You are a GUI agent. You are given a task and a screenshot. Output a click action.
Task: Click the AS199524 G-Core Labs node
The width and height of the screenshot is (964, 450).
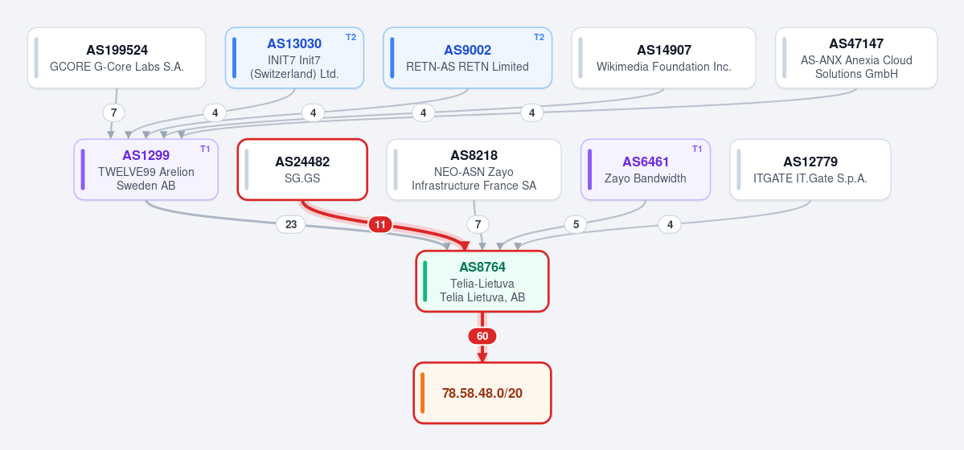pyautogui.click(x=117, y=58)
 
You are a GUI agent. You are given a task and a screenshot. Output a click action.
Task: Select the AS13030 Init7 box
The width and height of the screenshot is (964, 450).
pyautogui.click(x=294, y=58)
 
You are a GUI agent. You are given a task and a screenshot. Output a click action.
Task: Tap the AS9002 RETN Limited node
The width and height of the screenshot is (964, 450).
pyautogui.click(x=467, y=58)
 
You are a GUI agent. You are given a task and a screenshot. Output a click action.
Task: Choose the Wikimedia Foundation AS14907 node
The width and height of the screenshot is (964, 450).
pyautogui.click(x=663, y=58)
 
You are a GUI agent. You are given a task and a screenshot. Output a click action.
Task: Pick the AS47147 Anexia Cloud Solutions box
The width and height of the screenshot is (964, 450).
pyautogui.click(x=856, y=58)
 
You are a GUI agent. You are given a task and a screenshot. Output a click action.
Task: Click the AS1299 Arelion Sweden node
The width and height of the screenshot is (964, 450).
pyautogui.click(x=146, y=170)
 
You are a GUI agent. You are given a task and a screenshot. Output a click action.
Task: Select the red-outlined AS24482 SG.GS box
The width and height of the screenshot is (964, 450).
pyautogui.click(x=302, y=170)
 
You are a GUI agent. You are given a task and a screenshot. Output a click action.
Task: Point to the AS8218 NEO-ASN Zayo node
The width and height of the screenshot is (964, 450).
pyautogui.click(x=474, y=170)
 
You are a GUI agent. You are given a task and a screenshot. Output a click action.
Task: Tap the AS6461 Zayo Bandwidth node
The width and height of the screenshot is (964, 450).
pyautogui.click(x=646, y=170)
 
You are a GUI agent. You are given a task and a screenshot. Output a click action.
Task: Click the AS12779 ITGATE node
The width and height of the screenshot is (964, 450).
pyautogui.click(x=810, y=170)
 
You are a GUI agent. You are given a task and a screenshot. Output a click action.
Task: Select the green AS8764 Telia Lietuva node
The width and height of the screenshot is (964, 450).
pyautogui.click(x=482, y=281)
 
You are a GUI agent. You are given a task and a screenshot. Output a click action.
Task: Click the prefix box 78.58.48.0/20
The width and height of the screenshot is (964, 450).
pyautogui.click(x=482, y=393)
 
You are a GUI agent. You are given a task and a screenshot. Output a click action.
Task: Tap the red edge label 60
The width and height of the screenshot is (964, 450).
pyautogui.click(x=482, y=336)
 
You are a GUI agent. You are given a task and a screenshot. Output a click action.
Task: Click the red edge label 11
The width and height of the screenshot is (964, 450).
pyautogui.click(x=380, y=225)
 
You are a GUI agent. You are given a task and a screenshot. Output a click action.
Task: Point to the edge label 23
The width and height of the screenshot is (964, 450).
pyautogui.click(x=291, y=225)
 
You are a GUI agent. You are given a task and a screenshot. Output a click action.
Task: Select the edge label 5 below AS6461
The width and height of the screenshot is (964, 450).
pyautogui.click(x=576, y=225)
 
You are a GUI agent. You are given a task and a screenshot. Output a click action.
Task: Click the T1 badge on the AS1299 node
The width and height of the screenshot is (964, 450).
pyautogui.click(x=205, y=149)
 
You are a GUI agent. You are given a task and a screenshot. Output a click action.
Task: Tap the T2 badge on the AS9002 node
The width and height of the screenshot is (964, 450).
pyautogui.click(x=539, y=37)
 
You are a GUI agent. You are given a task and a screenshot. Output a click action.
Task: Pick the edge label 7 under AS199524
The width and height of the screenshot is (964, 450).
pyautogui.click(x=113, y=113)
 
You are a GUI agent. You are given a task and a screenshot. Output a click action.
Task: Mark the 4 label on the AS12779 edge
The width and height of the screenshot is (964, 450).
pyautogui.click(x=670, y=225)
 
